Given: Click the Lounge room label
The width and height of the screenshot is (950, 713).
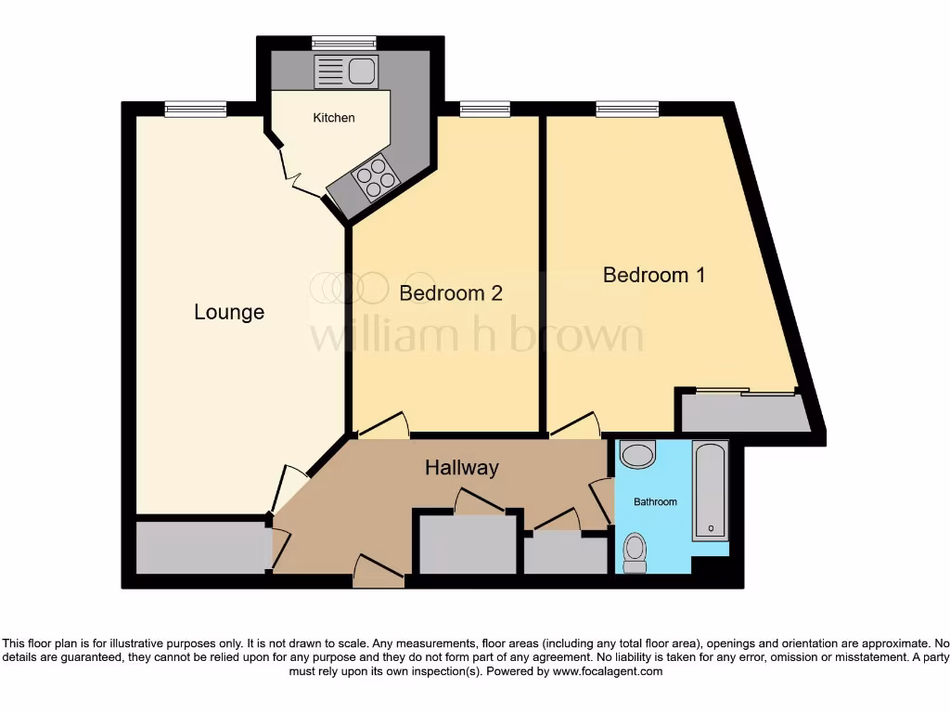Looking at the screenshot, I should [x=229, y=312].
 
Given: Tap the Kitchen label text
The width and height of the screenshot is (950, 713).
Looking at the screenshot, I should [x=333, y=118].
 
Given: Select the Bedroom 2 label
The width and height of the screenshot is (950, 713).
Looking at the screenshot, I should [x=451, y=293].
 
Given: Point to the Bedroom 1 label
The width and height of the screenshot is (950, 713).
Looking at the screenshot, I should [x=654, y=275].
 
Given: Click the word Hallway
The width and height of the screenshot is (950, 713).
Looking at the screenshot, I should [x=462, y=468].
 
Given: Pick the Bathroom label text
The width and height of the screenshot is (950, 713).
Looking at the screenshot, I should [x=655, y=501].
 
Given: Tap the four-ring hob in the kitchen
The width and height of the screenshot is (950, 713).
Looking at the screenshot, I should [x=375, y=177].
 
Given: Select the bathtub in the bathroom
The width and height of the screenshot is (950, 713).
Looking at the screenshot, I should [x=712, y=491].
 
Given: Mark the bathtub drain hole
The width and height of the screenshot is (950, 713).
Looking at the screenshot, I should [x=712, y=528].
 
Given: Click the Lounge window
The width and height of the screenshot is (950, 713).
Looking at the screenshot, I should [x=196, y=109].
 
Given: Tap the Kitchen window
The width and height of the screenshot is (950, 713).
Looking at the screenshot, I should [x=344, y=42].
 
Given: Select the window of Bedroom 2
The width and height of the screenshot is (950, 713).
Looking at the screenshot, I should [x=485, y=109].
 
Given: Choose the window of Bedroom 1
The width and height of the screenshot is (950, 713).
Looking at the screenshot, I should [x=627, y=109].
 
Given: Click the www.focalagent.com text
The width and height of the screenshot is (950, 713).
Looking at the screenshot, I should [x=608, y=671].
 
